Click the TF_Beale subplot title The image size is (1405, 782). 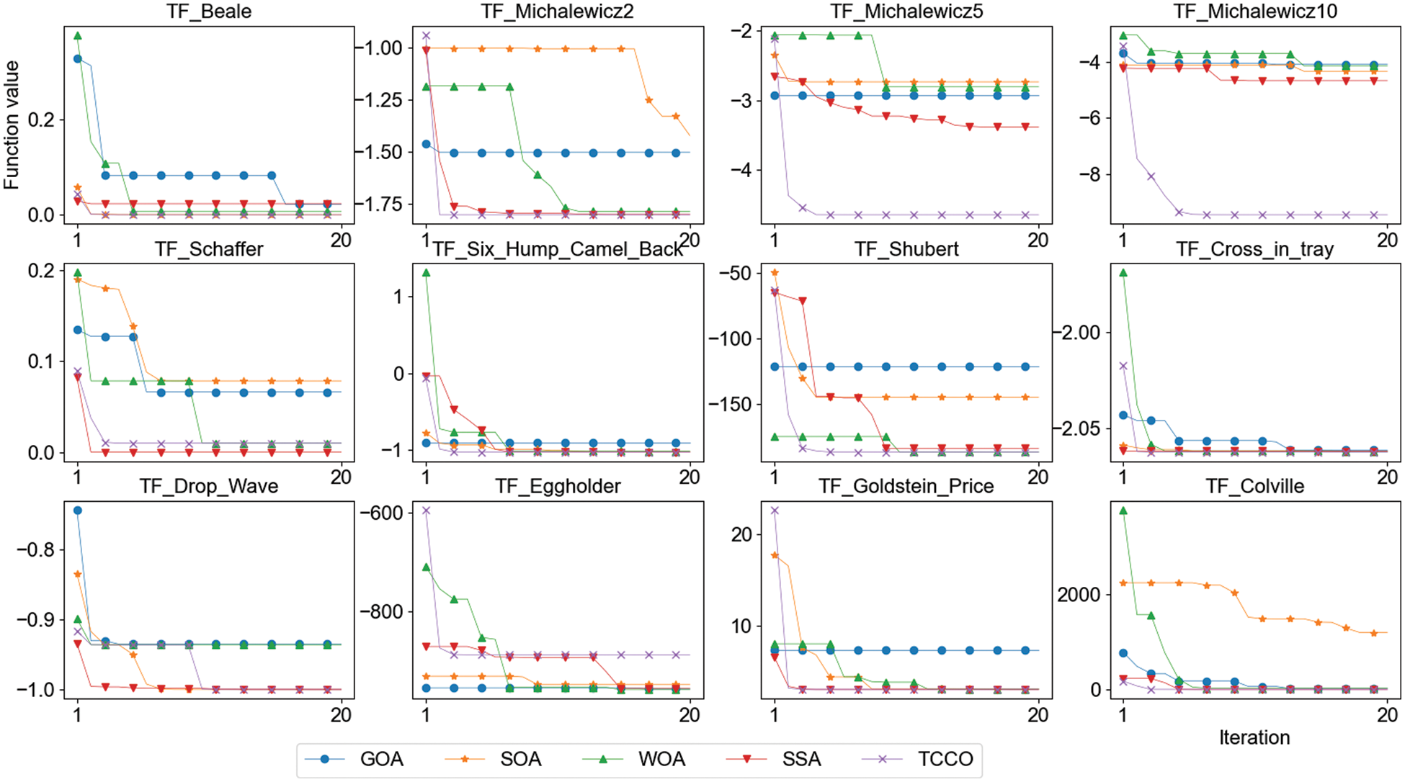pyautogui.click(x=209, y=12)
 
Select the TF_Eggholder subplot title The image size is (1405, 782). pyautogui.click(x=558, y=486)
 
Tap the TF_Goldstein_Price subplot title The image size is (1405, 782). pyautogui.click(x=906, y=486)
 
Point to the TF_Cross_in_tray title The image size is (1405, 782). pyautogui.click(x=1254, y=249)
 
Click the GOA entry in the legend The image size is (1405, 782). pyautogui.click(x=381, y=759)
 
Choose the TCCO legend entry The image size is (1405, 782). pyautogui.click(x=945, y=759)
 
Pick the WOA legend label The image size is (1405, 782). pyautogui.click(x=661, y=759)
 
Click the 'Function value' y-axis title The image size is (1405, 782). pyautogui.click(x=12, y=125)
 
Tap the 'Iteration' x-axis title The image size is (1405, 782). pyautogui.click(x=1254, y=737)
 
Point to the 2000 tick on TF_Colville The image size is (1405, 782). pyautogui.click(x=1079, y=595)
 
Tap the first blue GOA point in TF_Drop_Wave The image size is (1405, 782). pyautogui.click(x=78, y=511)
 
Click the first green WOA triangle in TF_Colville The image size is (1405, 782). pyautogui.click(x=1123, y=511)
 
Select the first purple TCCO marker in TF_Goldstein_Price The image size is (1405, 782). pyautogui.click(x=775, y=511)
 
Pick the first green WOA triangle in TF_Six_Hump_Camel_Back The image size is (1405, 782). pyautogui.click(x=426, y=273)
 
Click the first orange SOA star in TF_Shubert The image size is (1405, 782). pyautogui.click(x=775, y=273)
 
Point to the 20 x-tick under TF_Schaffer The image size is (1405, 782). pyautogui.click(x=341, y=477)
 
